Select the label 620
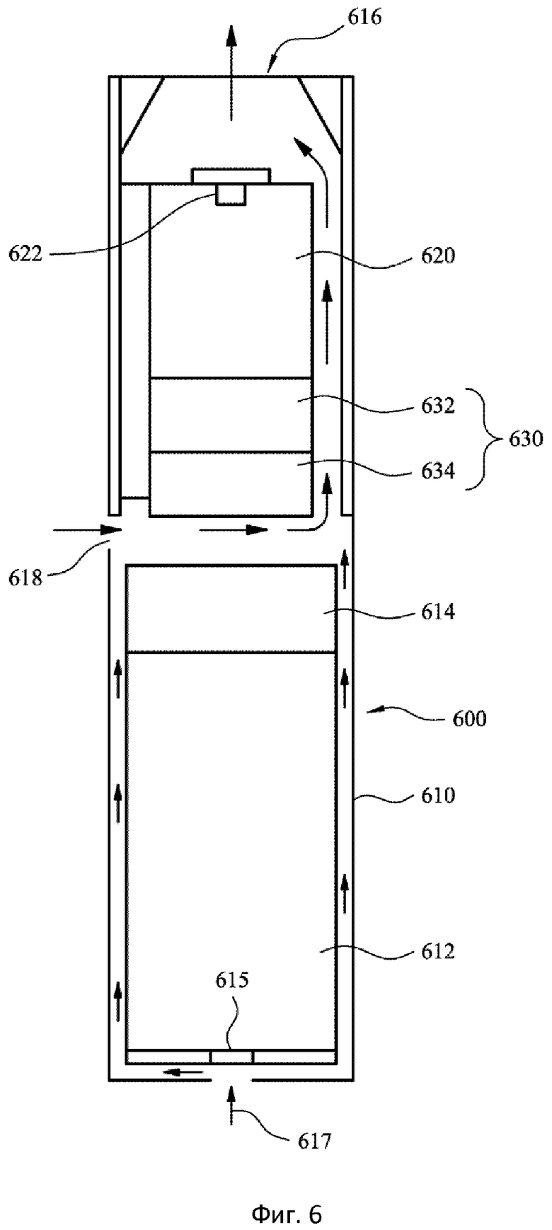point(438,255)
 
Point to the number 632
point(438,406)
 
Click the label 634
point(438,470)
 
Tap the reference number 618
point(26,578)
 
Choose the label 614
point(438,612)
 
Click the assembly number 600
point(469,719)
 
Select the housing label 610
point(438,795)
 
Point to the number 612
point(438,952)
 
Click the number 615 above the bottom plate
point(232,980)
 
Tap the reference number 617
point(314,1141)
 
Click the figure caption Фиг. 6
point(287,1195)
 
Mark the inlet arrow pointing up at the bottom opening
point(231,1106)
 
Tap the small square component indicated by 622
point(231,195)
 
